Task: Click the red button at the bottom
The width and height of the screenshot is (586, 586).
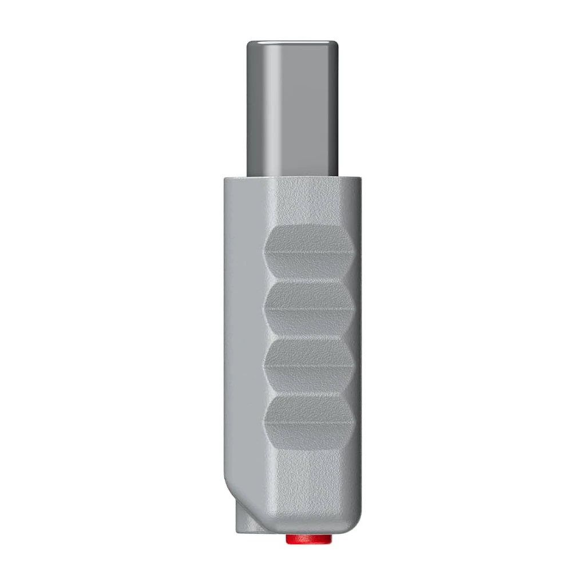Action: tap(308, 539)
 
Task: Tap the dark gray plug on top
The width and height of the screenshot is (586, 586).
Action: tap(291, 109)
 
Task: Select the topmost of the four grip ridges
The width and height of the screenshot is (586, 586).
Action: tap(309, 252)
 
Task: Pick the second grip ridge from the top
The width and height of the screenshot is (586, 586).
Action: tap(309, 309)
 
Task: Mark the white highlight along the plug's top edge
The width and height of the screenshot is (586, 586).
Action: tap(291, 43)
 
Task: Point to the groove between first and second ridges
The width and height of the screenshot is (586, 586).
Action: tap(309, 281)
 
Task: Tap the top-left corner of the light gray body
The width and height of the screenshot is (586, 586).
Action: tap(225, 179)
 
